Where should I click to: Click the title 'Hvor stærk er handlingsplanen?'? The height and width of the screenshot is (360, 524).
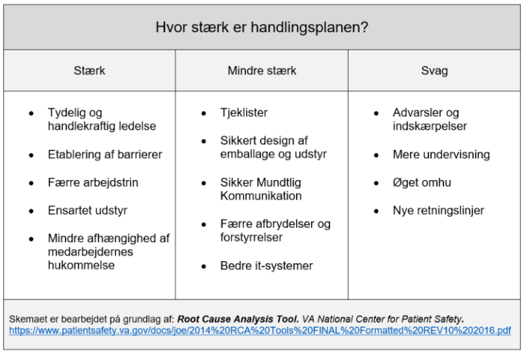click(263, 27)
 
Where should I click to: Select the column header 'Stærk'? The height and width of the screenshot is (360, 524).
click(89, 71)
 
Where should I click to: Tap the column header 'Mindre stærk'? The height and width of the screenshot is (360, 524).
click(262, 71)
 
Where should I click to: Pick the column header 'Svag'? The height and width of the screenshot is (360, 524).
click(434, 71)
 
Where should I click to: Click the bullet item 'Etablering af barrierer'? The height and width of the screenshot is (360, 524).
click(105, 155)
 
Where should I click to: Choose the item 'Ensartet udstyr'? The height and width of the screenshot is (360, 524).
click(87, 211)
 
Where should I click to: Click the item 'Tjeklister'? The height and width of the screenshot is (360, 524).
click(244, 113)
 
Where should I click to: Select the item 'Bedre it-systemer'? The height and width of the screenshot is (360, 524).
click(266, 266)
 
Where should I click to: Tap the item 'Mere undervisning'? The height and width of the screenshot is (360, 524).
click(441, 155)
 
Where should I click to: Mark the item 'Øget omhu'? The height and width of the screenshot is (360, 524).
click(422, 183)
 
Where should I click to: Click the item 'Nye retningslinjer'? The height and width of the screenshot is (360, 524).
click(438, 211)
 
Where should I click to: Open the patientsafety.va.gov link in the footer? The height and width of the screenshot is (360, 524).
click(260, 331)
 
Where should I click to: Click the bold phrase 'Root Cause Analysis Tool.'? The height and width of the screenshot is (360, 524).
click(239, 319)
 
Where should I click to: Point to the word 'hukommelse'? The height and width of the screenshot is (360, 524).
click(81, 265)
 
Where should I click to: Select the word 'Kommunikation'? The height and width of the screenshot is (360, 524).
click(261, 196)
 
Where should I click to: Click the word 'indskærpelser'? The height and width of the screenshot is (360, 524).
click(430, 126)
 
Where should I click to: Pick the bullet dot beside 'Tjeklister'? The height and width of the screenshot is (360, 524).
click(204, 113)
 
